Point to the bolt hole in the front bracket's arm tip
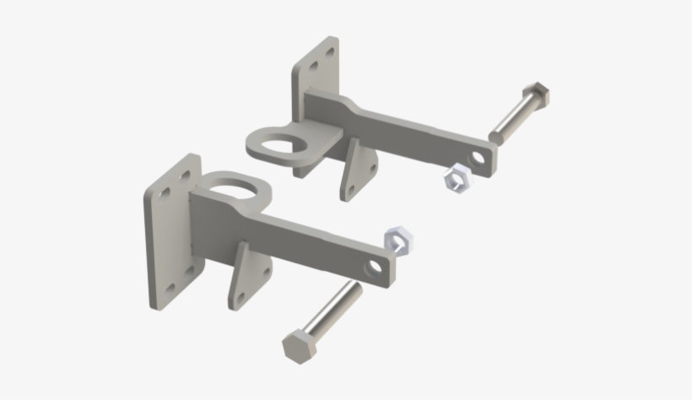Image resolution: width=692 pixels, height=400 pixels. (x=373, y=268)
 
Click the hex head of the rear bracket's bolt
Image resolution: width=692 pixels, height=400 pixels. (x=537, y=94)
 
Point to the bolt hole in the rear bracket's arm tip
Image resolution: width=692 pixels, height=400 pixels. (x=479, y=157)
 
